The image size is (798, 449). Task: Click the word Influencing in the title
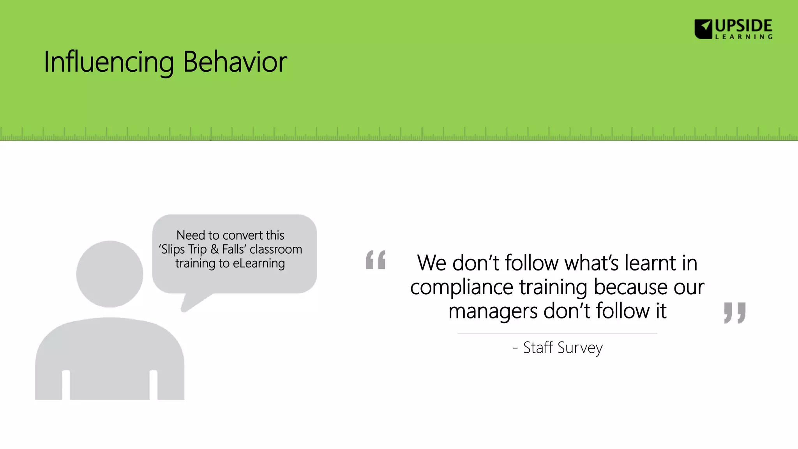point(108,62)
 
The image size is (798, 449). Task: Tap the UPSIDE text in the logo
point(743,26)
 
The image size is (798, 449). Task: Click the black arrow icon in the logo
point(703,29)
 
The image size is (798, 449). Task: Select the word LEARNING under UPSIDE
point(743,37)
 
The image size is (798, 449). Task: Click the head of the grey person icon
point(109,274)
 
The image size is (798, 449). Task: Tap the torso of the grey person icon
point(109,355)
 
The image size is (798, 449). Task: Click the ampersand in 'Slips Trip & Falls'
point(214,249)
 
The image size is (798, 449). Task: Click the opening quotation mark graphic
point(376,260)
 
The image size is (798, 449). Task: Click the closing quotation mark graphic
point(734,312)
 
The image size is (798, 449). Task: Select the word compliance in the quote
point(462,287)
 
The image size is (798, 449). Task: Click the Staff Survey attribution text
point(562,348)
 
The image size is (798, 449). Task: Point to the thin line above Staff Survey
point(557,333)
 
